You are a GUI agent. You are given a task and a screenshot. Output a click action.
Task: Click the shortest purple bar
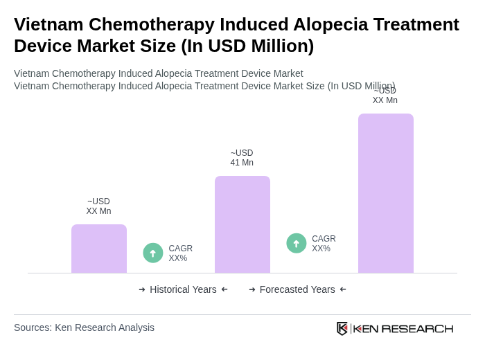99,249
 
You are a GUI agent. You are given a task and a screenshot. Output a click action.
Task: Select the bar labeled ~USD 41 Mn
242,224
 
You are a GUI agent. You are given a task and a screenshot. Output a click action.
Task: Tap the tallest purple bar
386,193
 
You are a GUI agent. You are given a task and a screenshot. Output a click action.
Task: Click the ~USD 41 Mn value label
242,158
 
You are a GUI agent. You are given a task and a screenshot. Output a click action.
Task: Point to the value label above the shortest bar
98,206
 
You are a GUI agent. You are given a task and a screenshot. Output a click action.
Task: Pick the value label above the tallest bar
385,96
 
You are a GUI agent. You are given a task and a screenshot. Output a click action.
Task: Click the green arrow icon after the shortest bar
153,253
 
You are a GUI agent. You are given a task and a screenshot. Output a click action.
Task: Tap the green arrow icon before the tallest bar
297,243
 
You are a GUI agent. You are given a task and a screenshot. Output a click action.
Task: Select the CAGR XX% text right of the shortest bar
181,253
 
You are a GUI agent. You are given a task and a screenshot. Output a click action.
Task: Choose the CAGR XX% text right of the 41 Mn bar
324,244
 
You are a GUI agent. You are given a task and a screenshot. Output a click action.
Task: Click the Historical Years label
183,289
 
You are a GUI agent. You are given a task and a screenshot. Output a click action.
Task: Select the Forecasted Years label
297,289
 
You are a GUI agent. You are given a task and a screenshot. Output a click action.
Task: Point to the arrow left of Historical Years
142,289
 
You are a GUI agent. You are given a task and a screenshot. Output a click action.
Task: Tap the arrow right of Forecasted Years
343,289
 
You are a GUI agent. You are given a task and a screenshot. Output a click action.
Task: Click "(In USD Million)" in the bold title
247,46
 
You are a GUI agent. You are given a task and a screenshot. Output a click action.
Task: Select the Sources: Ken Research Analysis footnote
84,327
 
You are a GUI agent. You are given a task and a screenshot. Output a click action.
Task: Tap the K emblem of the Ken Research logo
342,328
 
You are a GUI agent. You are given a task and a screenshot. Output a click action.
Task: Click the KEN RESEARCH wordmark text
403,328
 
